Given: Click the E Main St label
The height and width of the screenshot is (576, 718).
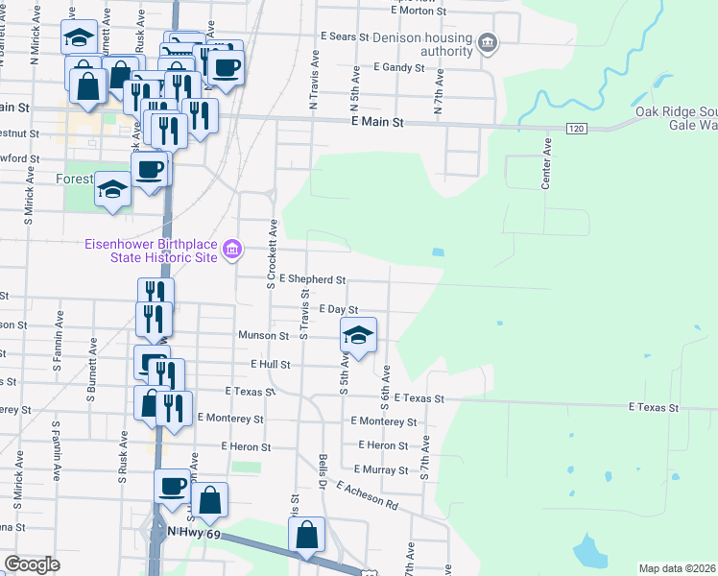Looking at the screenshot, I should (x=379, y=123).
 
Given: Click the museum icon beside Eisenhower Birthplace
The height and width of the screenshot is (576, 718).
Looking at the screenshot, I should (x=231, y=251).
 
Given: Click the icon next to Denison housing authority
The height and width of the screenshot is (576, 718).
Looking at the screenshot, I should (x=489, y=42).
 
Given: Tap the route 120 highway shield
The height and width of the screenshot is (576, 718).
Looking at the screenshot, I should (x=575, y=129).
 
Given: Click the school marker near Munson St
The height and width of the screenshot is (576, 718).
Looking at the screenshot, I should (x=358, y=335).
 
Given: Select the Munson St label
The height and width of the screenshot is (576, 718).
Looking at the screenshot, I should (x=264, y=336).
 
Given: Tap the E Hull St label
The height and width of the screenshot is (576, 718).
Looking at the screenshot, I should (x=270, y=365).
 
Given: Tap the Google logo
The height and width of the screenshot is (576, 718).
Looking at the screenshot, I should (x=33, y=564).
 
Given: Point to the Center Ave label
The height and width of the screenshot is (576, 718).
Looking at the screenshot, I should (x=547, y=163).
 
